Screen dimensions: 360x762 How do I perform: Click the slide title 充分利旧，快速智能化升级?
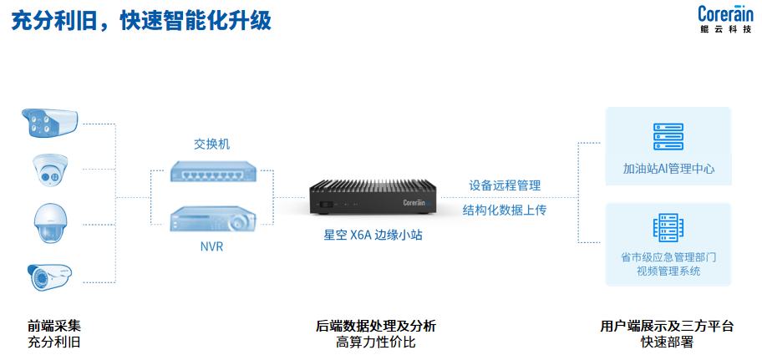pos(140,21)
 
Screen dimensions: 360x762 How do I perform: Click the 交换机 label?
pos(211,144)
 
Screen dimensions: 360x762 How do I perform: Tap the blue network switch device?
pos(211,171)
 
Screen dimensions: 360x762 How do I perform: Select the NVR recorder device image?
pos(211,220)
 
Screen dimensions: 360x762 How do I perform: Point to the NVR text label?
pos(211,247)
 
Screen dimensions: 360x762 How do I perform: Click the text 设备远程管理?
pos(505,185)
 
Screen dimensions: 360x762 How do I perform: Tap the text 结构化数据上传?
pos(505,210)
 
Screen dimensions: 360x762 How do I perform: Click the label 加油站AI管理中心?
pos(668,169)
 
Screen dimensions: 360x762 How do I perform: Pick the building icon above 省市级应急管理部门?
pos(668,228)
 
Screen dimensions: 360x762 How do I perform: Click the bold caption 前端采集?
pos(54,326)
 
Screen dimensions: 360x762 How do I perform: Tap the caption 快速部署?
pos(667,342)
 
